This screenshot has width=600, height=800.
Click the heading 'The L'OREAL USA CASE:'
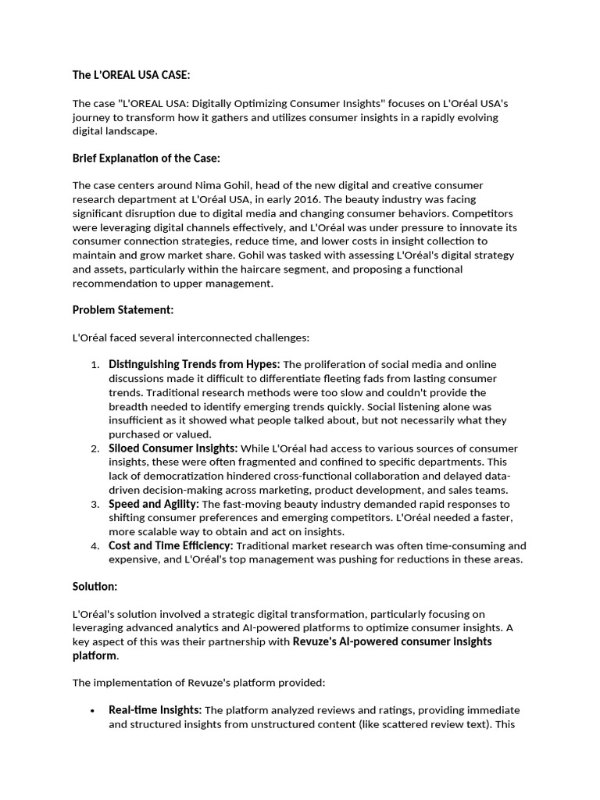[131, 75]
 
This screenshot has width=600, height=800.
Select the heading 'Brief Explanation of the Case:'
[146, 158]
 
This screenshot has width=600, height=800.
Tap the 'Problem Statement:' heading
[123, 309]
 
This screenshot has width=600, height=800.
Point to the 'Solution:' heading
[95, 586]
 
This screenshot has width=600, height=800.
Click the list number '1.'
[95, 365]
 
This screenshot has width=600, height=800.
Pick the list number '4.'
[95, 546]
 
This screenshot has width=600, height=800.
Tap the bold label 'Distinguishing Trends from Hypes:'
[194, 364]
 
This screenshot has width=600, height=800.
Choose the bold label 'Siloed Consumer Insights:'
[173, 448]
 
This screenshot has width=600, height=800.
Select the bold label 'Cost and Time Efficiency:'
[170, 545]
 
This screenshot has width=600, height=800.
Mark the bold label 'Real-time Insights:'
[155, 710]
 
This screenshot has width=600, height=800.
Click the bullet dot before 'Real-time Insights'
[92, 711]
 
